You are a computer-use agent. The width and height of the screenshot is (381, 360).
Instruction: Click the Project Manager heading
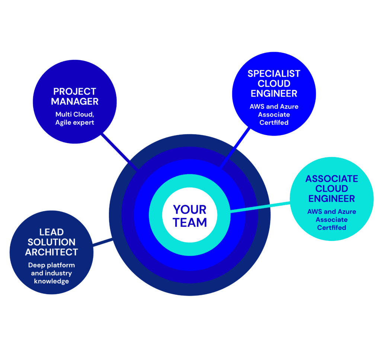coord(75,96)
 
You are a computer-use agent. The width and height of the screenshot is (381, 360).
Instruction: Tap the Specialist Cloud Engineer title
coord(274,83)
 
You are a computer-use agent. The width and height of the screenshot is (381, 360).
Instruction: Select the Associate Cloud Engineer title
coord(332,188)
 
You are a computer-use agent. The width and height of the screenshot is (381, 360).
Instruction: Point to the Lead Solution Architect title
coord(51,242)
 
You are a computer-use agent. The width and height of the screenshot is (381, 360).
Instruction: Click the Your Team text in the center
coord(190,216)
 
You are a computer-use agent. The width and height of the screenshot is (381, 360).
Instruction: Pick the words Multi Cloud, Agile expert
coord(75,118)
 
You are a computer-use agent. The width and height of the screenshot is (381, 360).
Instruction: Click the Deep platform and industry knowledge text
coord(51,273)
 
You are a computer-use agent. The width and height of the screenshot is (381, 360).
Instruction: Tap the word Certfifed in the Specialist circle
coord(274,122)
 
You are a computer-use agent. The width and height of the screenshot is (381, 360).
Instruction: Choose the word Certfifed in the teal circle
coord(332,227)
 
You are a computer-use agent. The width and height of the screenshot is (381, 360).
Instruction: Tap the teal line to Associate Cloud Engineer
coord(260,207)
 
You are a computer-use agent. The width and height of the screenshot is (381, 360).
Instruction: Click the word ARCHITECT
coord(51,252)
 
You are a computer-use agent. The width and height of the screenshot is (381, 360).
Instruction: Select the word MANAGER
coord(75,101)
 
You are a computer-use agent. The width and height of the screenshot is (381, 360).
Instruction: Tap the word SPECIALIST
coord(274,73)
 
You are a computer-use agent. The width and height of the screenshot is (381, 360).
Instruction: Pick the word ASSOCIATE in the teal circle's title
coord(332,179)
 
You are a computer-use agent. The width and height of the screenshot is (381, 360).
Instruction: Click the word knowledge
coord(51,281)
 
